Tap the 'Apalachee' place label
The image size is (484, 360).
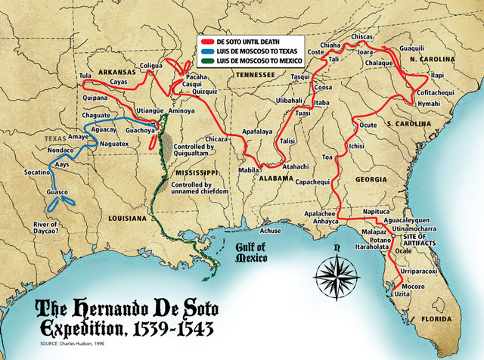point(321,213)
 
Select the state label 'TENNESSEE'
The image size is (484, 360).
point(255,76)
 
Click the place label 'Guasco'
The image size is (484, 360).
point(57,193)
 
